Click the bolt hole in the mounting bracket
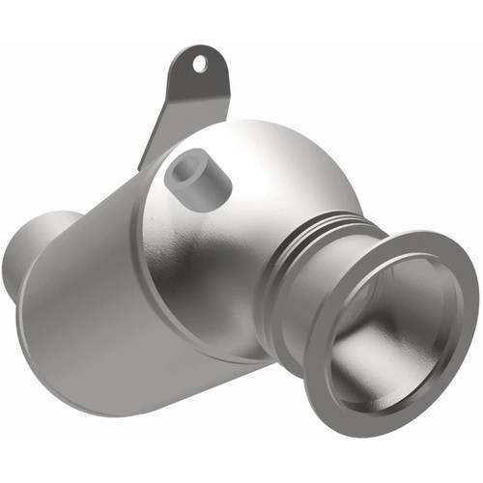[200, 65]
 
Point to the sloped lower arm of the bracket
[161, 126]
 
